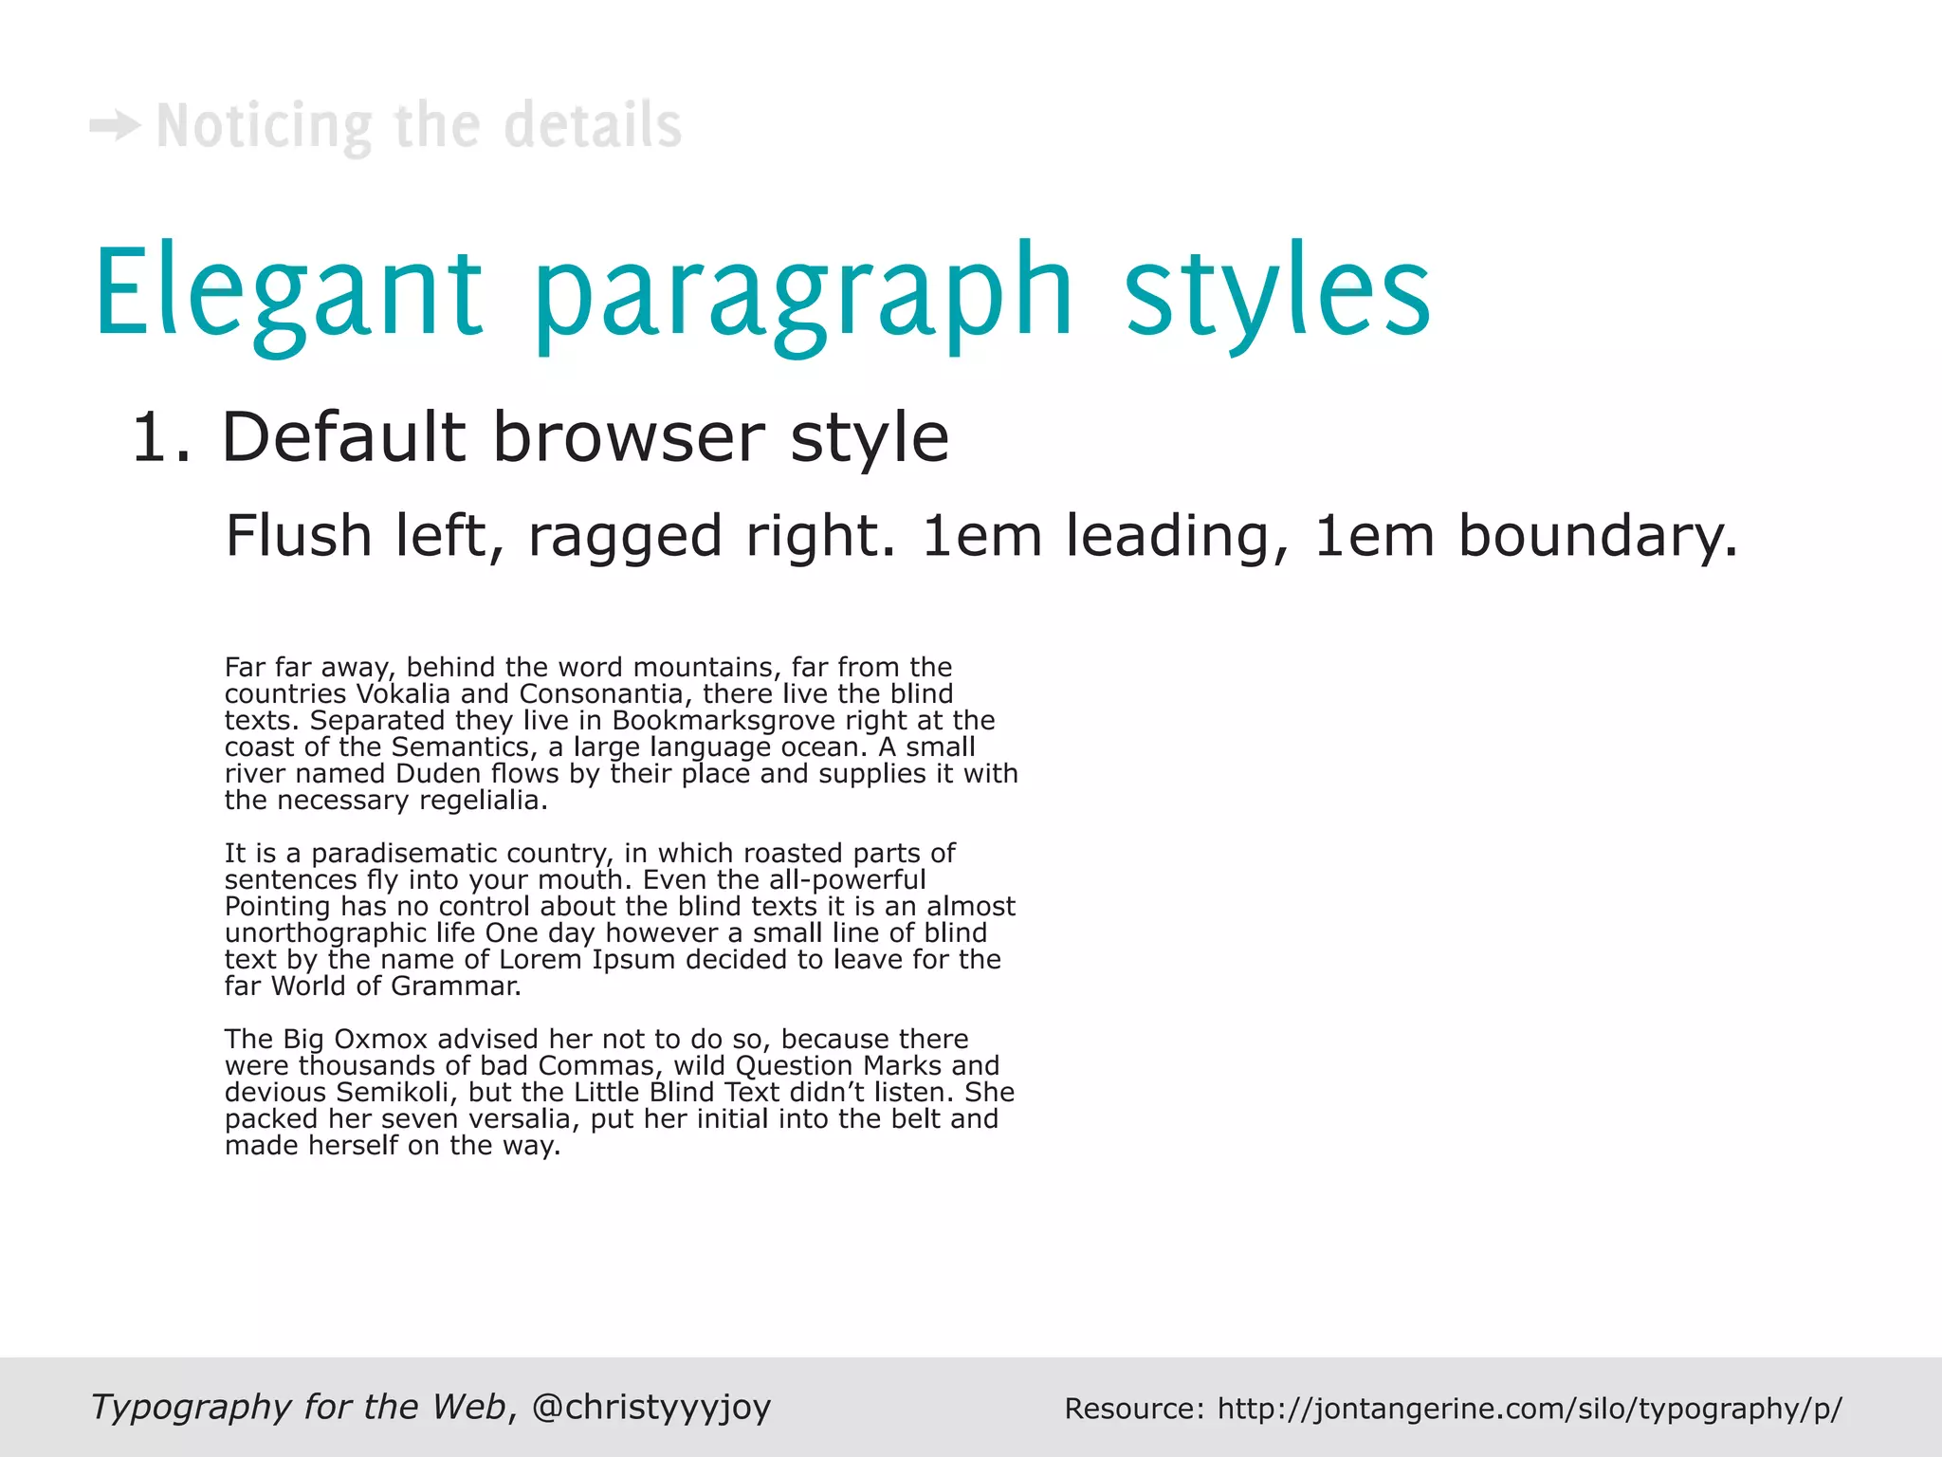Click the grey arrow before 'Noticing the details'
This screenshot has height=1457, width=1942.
pos(115,126)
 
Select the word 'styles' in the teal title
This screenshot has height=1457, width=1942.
pos(1277,292)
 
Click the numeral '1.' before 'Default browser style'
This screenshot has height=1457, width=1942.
pos(161,438)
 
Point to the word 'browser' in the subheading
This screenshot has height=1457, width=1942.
pos(628,438)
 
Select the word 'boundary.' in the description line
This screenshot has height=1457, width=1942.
pos(1598,537)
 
